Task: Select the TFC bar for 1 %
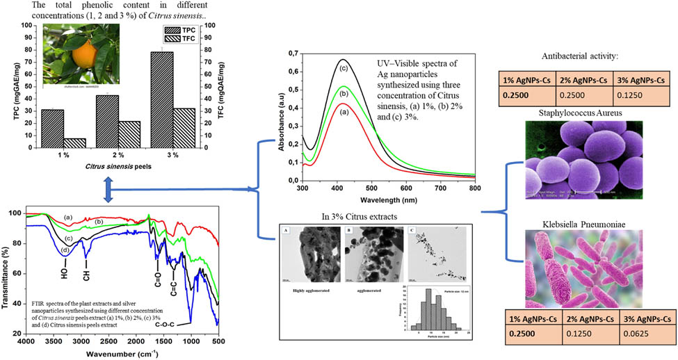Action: point(76,143)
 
